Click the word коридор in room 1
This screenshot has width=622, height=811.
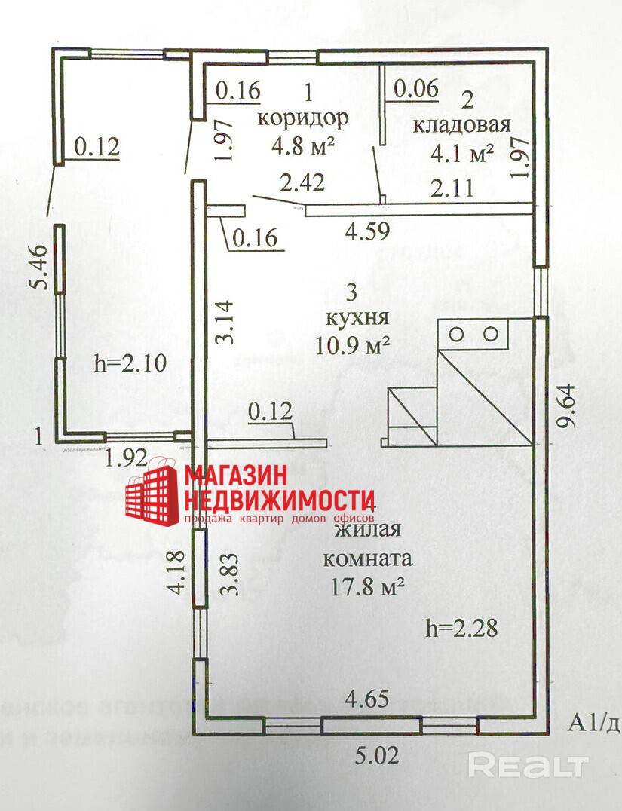point(303,118)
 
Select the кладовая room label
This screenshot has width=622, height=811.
point(462,125)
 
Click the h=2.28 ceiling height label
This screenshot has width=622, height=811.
point(461,627)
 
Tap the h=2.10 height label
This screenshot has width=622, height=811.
point(130,363)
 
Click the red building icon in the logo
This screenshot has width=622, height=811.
point(151,494)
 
